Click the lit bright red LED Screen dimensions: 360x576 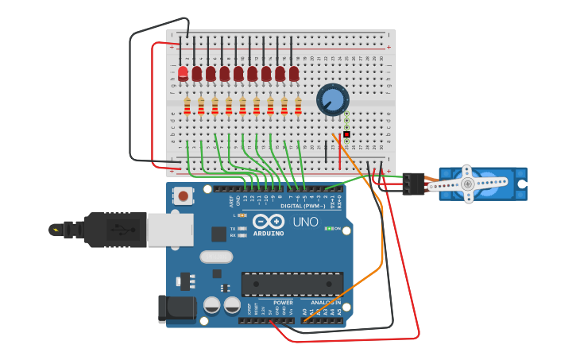coord(183,72)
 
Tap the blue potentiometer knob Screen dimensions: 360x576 coord(332,100)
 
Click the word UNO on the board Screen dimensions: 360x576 coord(305,222)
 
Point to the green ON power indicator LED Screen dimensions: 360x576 coord(329,228)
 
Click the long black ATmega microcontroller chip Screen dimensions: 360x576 coord(292,284)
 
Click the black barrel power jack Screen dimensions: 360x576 coord(176,309)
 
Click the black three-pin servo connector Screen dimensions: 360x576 coord(413,184)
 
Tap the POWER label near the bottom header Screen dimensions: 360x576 coord(283,303)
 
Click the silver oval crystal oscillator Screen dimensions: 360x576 coord(215,257)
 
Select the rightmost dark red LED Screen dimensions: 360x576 coord(294,73)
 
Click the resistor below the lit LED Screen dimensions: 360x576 coord(187,106)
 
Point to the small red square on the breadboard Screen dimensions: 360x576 coord(346,134)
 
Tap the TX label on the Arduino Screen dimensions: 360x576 coord(233,228)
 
